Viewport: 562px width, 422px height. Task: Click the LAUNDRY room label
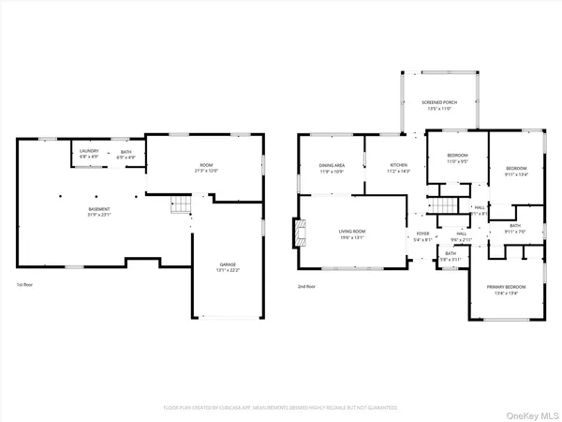[89, 154]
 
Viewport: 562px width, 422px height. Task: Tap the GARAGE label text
[228, 267]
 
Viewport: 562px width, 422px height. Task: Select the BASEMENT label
[99, 211]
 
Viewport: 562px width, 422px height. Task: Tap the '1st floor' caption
[25, 285]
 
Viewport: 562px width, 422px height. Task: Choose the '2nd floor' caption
[307, 285]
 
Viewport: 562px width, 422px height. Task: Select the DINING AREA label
[333, 169]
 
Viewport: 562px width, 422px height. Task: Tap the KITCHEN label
[399, 169]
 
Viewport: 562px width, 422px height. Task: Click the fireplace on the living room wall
[299, 232]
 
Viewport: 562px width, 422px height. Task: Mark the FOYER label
[422, 236]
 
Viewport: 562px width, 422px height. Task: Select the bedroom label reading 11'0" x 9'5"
[457, 158]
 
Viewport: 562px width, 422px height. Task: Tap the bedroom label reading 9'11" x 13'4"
[516, 171]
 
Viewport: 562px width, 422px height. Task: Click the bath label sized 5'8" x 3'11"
[451, 256]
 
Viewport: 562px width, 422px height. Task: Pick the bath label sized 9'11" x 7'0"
[515, 228]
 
